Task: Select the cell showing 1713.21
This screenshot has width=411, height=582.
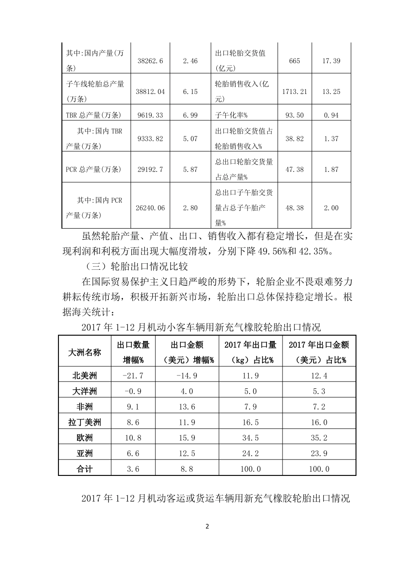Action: pos(294,91)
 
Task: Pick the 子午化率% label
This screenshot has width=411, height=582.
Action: pos(231,115)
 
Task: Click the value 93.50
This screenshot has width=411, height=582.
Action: pos(294,115)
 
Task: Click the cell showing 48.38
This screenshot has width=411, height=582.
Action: pos(294,208)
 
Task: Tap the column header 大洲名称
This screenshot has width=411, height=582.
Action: pos(84,352)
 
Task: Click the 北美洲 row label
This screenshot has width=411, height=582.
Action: pos(84,376)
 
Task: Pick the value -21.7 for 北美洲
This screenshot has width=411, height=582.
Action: pos(133,376)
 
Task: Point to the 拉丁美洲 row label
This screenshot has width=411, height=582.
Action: pos(84,422)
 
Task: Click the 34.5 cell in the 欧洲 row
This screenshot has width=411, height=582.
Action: pos(250,438)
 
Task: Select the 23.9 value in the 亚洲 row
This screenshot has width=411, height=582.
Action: pos(319,453)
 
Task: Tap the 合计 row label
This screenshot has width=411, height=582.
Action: pos(84,469)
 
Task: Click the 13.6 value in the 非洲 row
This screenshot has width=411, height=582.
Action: pos(187,407)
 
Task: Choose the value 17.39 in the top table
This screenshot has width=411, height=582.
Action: pos(331,61)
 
